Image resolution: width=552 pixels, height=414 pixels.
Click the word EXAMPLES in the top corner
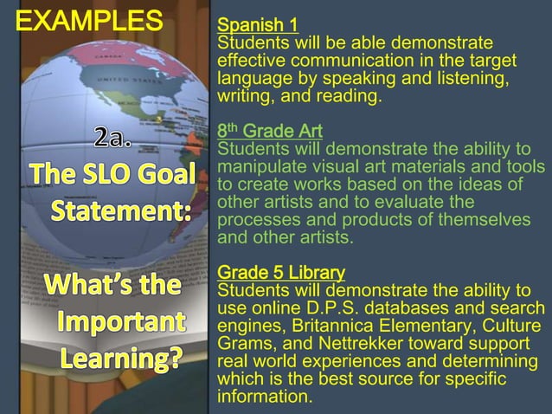[x=88, y=20]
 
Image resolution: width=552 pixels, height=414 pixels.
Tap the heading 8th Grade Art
[x=270, y=131]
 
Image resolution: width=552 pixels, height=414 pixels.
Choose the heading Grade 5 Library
[x=281, y=272]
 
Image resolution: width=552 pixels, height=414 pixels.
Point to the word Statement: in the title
[x=121, y=210]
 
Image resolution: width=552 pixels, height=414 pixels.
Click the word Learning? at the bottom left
[x=119, y=358]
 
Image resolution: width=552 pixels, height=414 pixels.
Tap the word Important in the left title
[x=121, y=321]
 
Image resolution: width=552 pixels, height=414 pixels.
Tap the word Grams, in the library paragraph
[x=241, y=345]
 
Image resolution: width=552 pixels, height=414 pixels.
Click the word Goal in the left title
[x=164, y=174]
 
